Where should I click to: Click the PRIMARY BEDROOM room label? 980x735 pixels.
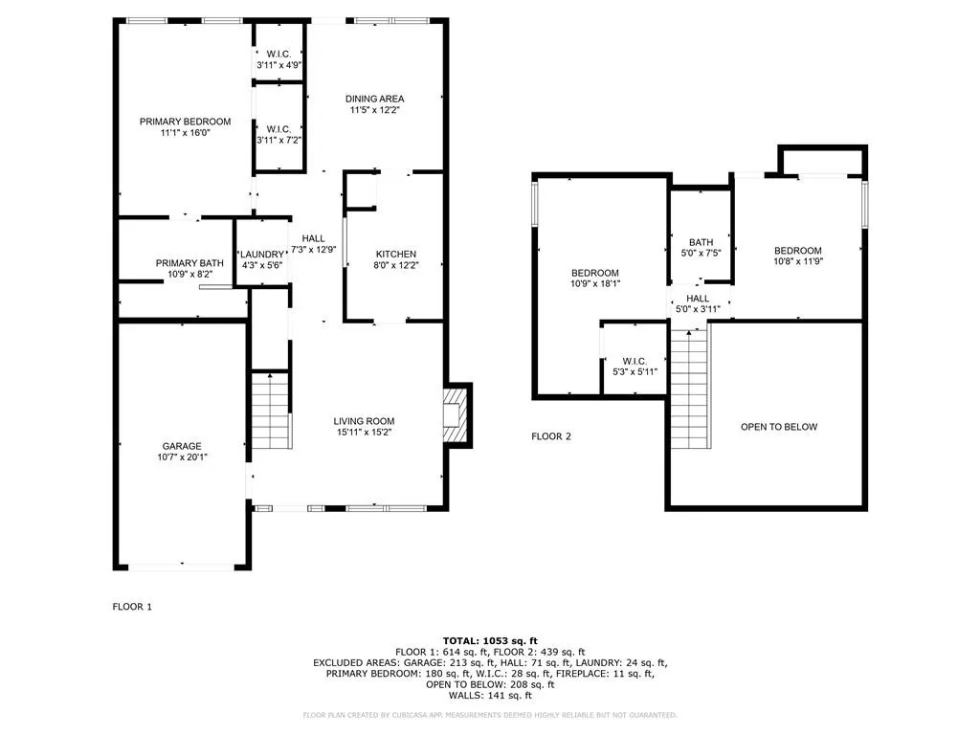(185, 122)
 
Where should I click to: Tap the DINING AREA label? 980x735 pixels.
(374, 99)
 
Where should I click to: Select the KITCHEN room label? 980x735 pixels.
(395, 254)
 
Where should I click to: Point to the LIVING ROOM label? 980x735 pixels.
(364, 421)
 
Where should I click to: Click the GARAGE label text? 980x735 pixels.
(182, 446)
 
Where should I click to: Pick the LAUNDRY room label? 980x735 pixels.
(262, 255)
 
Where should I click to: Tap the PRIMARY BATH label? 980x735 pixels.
(189, 263)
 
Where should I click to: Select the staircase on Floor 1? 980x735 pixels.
(271, 411)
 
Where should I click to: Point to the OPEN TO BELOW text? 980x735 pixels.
(779, 427)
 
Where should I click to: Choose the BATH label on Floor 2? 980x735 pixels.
(702, 242)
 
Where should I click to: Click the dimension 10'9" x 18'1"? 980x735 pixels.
(595, 283)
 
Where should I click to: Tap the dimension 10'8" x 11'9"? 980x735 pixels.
(798, 261)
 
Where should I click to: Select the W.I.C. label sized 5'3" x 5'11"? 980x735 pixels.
(635, 361)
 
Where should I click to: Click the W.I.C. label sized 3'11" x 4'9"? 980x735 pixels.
(278, 55)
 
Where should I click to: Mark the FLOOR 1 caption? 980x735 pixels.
(132, 607)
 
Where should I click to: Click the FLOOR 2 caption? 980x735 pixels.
(551, 436)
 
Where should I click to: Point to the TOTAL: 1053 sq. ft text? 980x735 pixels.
(490, 640)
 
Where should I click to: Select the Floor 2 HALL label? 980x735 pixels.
(698, 299)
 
